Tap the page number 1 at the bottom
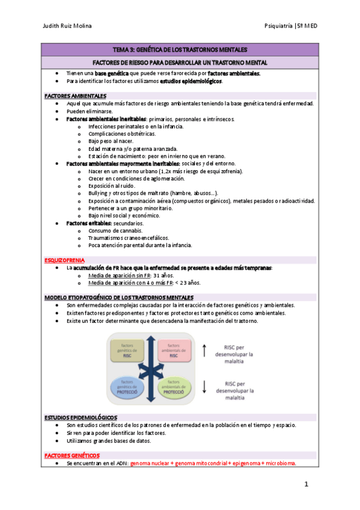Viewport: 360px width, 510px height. pos(307,484)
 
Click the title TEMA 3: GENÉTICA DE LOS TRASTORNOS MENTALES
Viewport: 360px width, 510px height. pos(180,49)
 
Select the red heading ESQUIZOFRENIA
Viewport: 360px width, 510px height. pos(66,260)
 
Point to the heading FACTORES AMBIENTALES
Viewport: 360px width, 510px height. pos(75,96)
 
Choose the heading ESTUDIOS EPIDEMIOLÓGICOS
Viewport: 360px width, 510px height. pos(81,417)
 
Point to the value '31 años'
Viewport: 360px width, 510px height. pos(165,275)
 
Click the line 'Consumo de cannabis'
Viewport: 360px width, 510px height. pos(115,230)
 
